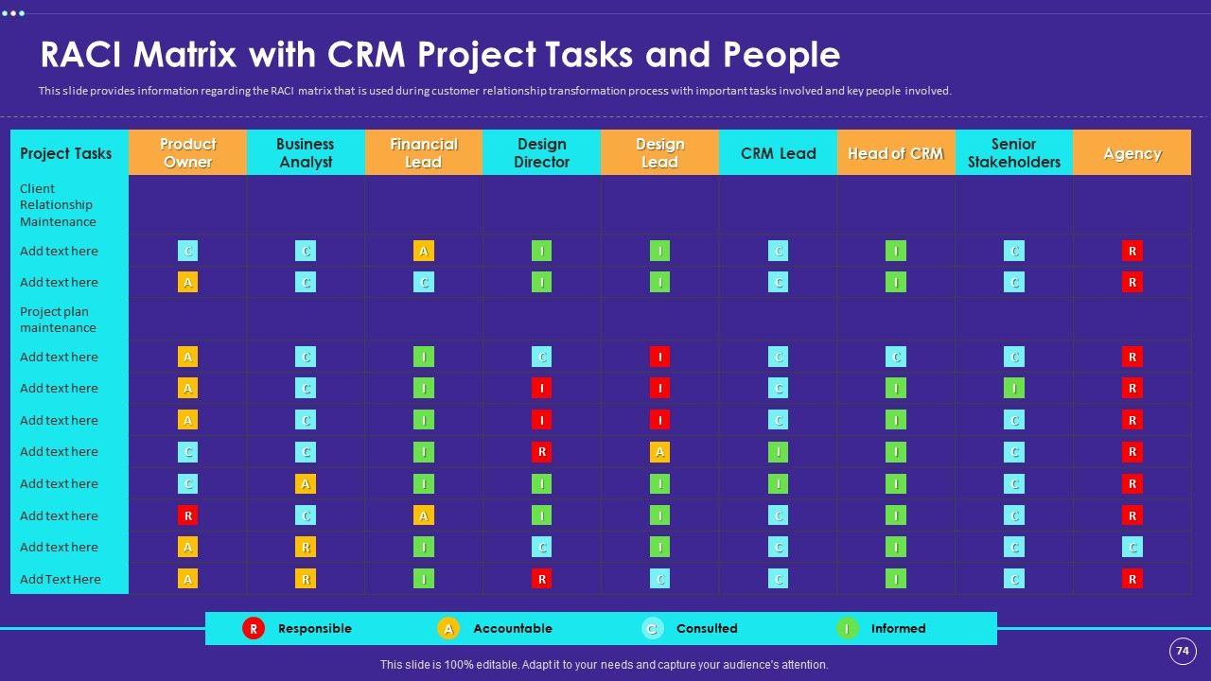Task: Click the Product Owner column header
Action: [187, 153]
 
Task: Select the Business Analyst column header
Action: [305, 153]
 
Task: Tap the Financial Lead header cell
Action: [423, 153]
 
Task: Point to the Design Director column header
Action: [541, 153]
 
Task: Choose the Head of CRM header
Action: [895, 153]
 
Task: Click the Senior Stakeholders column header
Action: [1013, 153]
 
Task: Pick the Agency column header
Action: [1132, 153]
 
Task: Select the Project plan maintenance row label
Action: [58, 320]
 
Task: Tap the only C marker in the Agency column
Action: [1132, 547]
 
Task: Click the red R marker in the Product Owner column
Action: [188, 515]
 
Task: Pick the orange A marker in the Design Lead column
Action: [659, 452]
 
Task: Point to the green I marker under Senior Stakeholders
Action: [1014, 388]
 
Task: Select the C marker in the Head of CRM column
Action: [896, 357]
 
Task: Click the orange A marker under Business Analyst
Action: [306, 483]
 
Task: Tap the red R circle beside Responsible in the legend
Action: [253, 628]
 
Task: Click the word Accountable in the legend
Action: [512, 628]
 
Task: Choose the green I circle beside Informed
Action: [848, 628]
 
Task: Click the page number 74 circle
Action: [1182, 651]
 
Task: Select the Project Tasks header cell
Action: [66, 153]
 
